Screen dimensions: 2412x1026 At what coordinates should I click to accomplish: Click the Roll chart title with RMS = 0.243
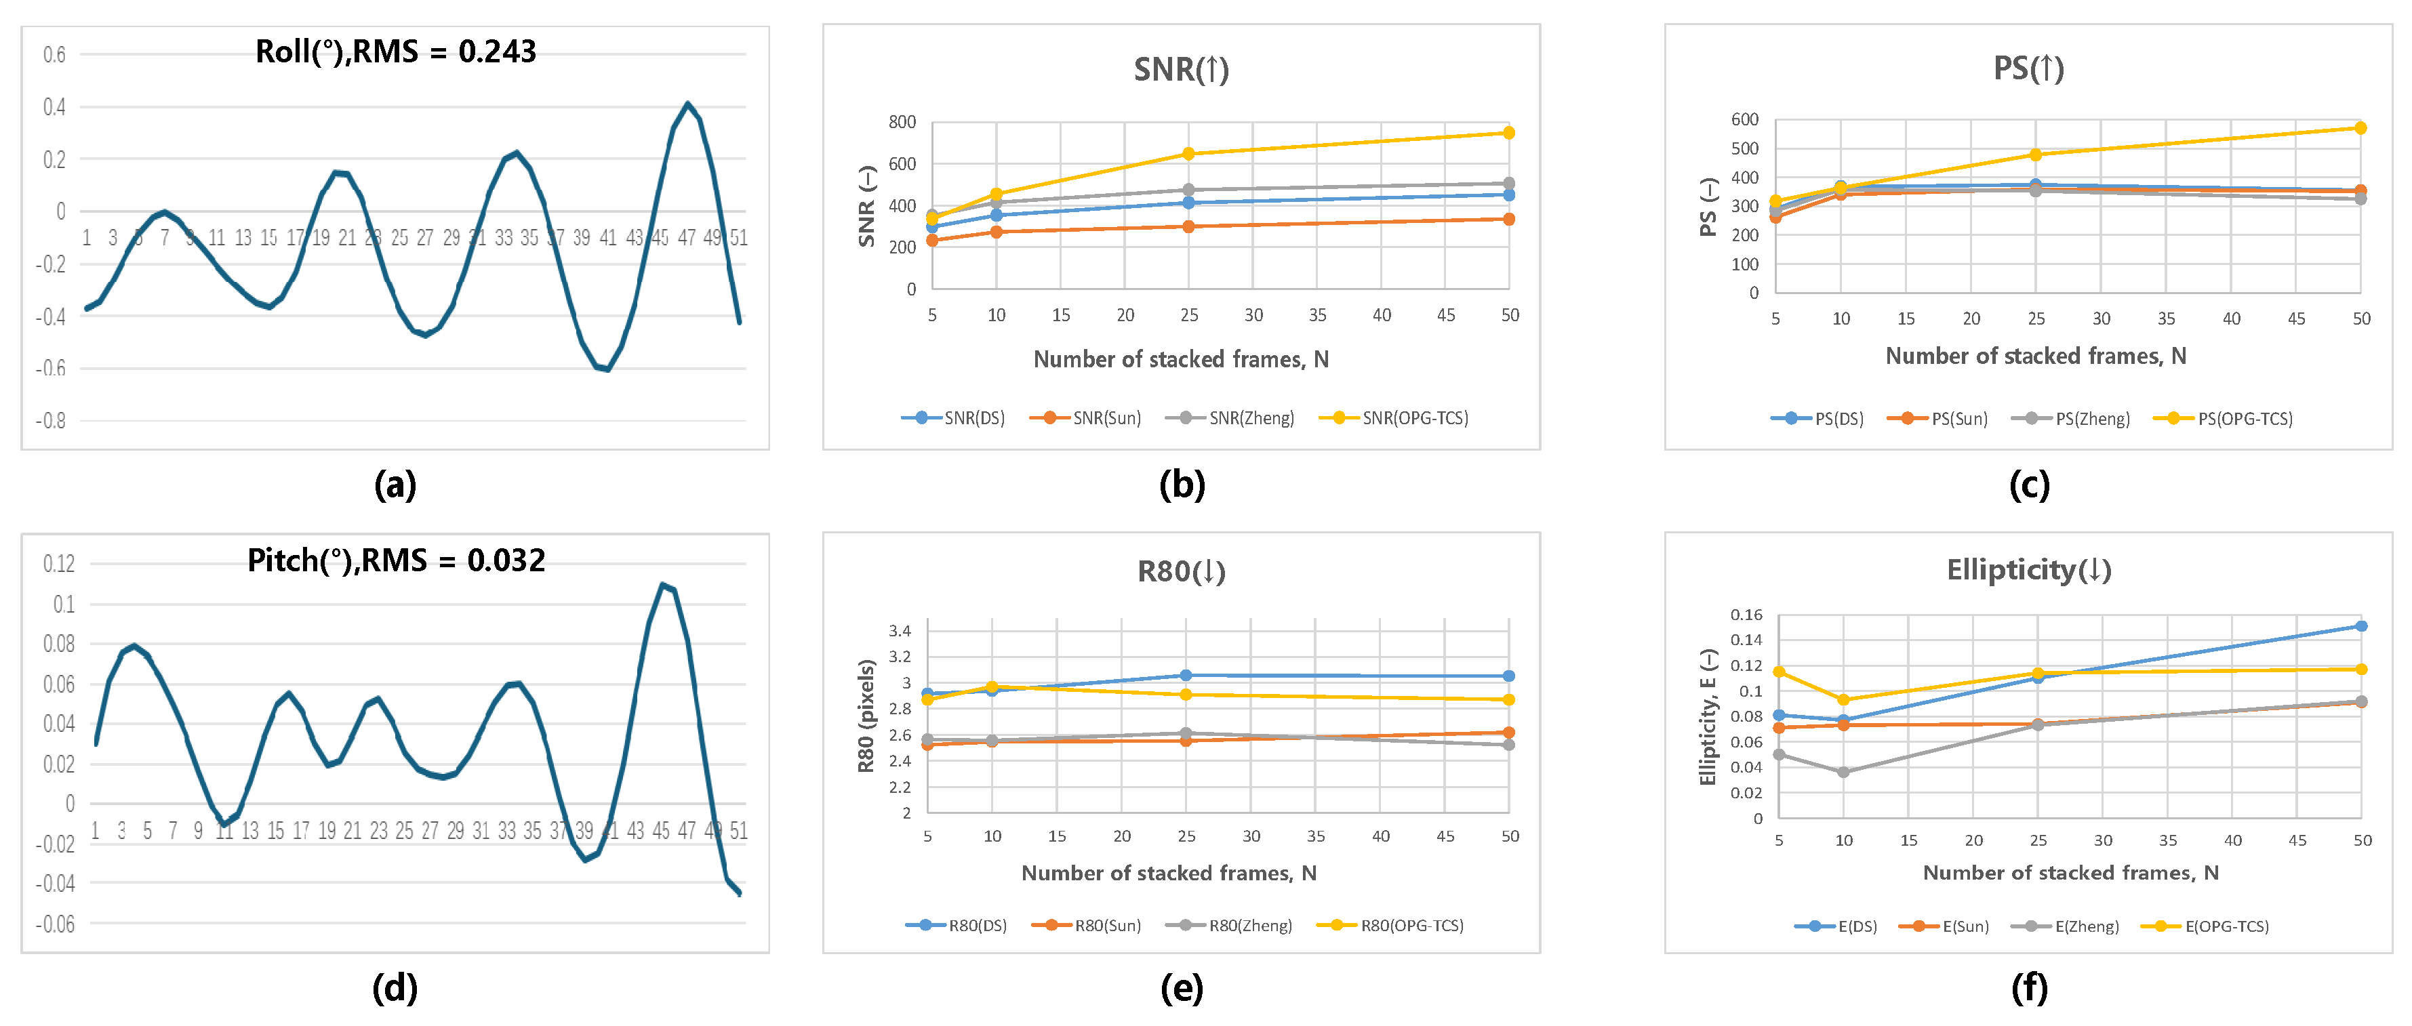point(395,52)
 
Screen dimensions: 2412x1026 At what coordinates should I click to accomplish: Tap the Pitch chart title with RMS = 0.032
point(395,560)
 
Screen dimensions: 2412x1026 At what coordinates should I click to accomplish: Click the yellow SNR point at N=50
point(1508,133)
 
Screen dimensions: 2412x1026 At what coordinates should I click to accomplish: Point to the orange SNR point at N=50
point(1508,219)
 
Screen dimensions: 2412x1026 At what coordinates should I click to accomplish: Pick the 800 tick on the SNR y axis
point(902,122)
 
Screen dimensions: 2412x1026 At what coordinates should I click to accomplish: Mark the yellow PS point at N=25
point(2036,155)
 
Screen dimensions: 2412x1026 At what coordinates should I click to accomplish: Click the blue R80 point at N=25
point(1186,675)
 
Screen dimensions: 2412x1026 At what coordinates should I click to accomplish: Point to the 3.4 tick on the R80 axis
point(900,631)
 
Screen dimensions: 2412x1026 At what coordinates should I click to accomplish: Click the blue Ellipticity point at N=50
point(2361,626)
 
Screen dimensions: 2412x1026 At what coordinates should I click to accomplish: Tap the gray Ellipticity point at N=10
point(1844,773)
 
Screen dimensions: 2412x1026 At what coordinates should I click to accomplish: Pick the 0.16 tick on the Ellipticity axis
point(1746,615)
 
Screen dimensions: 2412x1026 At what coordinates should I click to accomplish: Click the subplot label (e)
point(1182,989)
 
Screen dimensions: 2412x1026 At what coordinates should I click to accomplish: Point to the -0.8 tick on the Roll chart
point(51,420)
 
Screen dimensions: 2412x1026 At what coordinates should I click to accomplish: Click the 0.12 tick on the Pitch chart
point(59,564)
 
